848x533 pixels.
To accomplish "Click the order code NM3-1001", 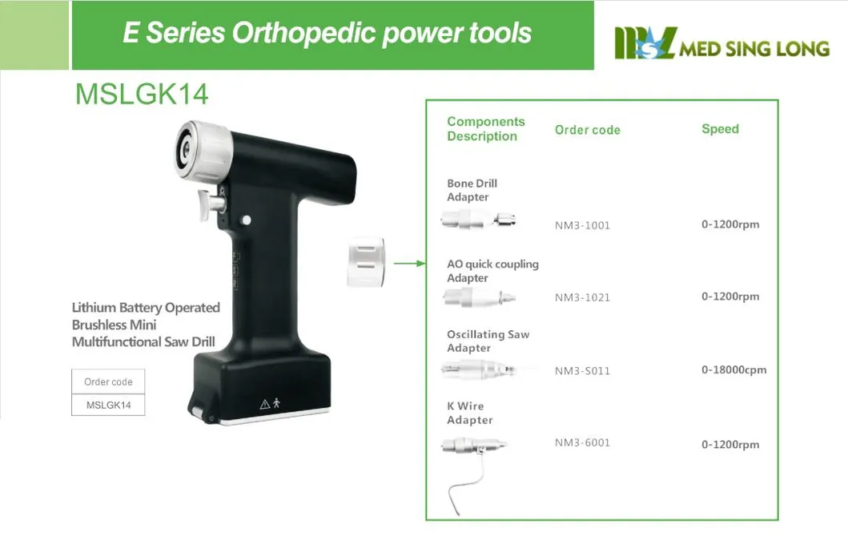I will point(582,225).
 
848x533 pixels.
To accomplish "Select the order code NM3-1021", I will point(582,297).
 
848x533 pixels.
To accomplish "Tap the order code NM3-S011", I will point(582,371).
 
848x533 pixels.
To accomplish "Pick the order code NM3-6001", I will point(582,442).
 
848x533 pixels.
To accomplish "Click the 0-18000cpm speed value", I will point(733,369).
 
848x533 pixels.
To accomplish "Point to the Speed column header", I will point(720,129).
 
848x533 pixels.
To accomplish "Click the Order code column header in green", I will point(587,130).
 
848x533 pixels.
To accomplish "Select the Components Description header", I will point(485,129).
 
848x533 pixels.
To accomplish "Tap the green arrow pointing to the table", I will point(410,263).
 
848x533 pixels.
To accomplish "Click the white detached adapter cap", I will point(365,262).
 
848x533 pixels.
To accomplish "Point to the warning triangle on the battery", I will point(264,405).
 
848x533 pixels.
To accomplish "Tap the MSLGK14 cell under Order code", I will point(108,405).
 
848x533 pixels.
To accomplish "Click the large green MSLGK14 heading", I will point(142,95).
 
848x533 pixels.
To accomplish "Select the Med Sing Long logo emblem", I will point(645,43).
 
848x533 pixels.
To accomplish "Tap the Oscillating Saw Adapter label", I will point(488,341).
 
